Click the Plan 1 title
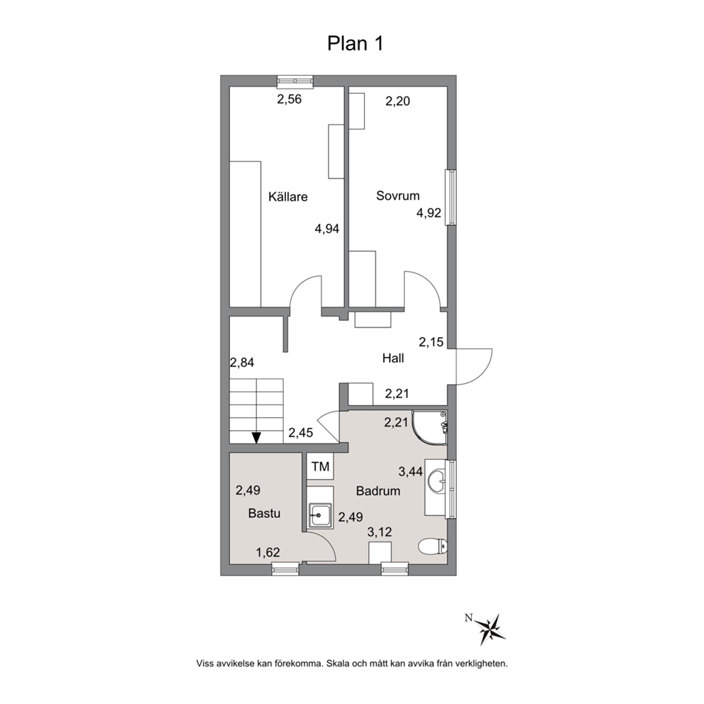(355, 44)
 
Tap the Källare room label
(288, 197)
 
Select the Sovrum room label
(398, 196)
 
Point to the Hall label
(393, 358)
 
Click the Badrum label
(378, 490)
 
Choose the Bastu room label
(264, 513)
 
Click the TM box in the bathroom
(321, 466)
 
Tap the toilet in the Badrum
(432, 546)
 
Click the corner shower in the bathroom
(429, 427)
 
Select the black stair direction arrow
(256, 438)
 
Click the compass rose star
(490, 628)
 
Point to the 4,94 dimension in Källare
(327, 229)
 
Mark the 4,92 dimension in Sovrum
(429, 213)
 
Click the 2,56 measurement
(289, 99)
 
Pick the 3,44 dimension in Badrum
(411, 471)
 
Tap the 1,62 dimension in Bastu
(268, 552)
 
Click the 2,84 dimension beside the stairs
(242, 363)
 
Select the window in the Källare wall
(295, 81)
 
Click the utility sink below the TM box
(319, 515)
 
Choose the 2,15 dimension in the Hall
(431, 342)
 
